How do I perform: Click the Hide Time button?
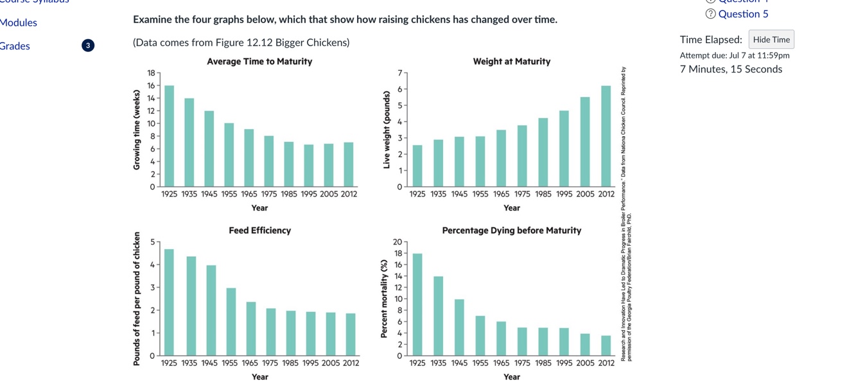(771, 40)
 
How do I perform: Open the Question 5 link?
(742, 14)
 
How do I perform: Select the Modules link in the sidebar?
(19, 22)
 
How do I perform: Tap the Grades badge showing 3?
(88, 46)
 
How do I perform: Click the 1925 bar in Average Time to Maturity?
(169, 136)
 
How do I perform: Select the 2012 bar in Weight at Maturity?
(606, 136)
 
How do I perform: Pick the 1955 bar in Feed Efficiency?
(231, 322)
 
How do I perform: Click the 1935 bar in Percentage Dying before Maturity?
(438, 315)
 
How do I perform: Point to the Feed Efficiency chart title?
(259, 230)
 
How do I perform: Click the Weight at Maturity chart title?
(511, 62)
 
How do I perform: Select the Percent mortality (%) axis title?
(384, 299)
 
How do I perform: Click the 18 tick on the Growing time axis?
(152, 73)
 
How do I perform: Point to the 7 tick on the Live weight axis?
(399, 73)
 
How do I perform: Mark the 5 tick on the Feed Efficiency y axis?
(152, 242)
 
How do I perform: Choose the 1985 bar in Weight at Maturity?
(543, 152)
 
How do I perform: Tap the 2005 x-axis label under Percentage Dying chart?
(585, 363)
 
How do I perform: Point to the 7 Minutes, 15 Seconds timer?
(731, 69)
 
